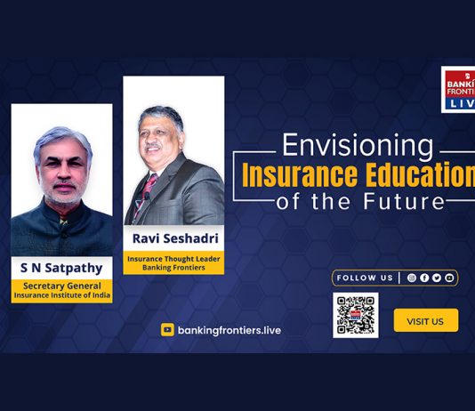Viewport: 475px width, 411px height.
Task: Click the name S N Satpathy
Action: [61, 268]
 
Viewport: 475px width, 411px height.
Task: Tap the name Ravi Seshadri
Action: [175, 238]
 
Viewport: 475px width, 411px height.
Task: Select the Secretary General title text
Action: [62, 286]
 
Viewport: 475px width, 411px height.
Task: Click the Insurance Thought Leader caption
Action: [173, 259]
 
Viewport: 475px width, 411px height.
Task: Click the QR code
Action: [356, 315]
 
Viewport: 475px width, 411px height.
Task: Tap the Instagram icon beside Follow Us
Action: [411, 278]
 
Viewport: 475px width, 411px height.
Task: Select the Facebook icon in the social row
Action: [424, 278]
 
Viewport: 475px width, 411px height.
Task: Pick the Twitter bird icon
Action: [437, 278]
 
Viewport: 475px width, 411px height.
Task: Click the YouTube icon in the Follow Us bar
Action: [449, 278]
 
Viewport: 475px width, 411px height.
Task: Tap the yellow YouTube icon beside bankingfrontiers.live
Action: [167, 330]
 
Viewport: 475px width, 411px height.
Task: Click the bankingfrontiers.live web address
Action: [229, 330]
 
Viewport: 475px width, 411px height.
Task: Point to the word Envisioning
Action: [358, 146]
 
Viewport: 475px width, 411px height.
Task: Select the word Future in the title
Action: [404, 201]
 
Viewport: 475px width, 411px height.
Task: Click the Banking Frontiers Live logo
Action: [458, 90]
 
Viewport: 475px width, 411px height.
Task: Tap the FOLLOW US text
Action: [365, 278]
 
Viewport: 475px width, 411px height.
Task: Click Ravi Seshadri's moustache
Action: [153, 147]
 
